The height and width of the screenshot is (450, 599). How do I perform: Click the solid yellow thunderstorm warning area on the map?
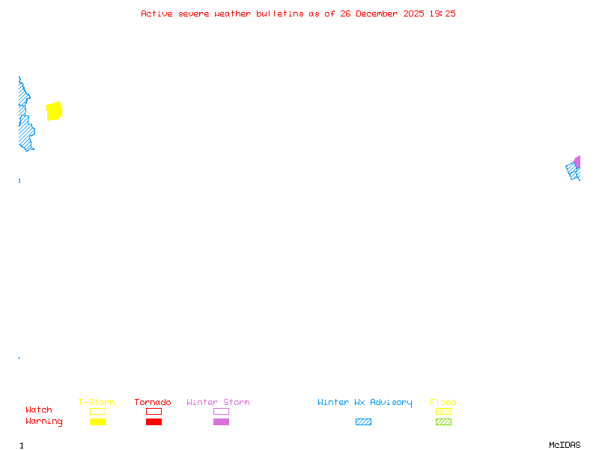pyautogui.click(x=54, y=111)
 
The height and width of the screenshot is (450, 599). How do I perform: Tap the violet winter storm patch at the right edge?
pyautogui.click(x=577, y=161)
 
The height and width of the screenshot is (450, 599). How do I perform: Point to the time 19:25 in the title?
pyautogui.click(x=443, y=13)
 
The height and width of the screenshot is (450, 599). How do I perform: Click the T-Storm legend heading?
pyautogui.click(x=97, y=403)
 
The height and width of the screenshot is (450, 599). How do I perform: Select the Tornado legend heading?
pyautogui.click(x=153, y=403)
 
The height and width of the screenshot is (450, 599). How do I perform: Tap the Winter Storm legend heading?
pyautogui.click(x=218, y=403)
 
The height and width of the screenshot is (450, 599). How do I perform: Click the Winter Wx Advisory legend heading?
pyautogui.click(x=365, y=403)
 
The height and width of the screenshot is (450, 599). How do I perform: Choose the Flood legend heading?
pyautogui.click(x=443, y=403)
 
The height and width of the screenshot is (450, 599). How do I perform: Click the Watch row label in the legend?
pyautogui.click(x=39, y=410)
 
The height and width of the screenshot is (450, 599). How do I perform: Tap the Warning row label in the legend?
pyautogui.click(x=44, y=421)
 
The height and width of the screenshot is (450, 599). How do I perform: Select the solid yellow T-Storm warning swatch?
pyautogui.click(x=97, y=421)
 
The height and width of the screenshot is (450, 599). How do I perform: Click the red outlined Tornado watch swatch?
pyautogui.click(x=153, y=411)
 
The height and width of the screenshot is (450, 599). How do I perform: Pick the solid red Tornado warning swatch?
pyautogui.click(x=153, y=421)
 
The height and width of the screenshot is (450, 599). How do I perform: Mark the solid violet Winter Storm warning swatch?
pyautogui.click(x=221, y=421)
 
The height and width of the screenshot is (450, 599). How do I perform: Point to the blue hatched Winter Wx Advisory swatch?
pyautogui.click(x=363, y=421)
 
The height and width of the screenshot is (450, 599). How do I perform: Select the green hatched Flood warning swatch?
pyautogui.click(x=443, y=421)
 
